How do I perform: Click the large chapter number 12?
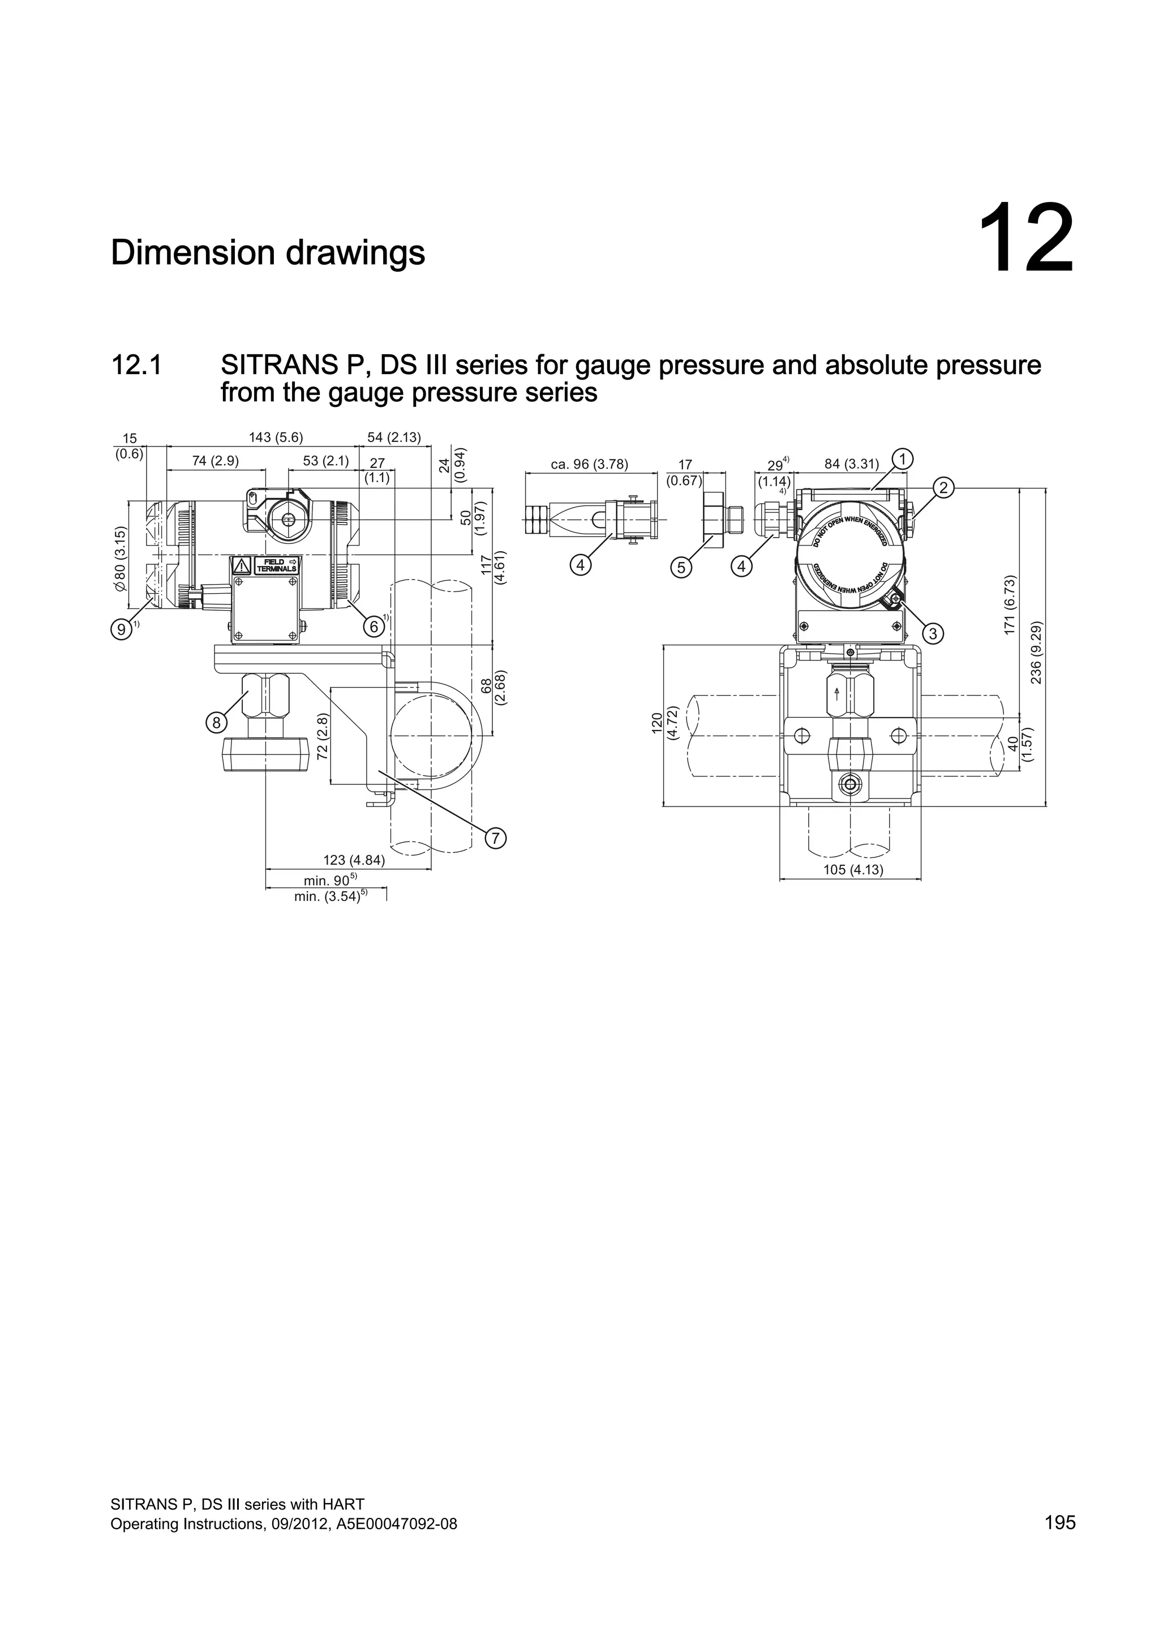click(1025, 239)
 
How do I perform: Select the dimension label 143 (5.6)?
click(276, 437)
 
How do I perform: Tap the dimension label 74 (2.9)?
click(216, 461)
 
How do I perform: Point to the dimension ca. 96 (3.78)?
click(590, 465)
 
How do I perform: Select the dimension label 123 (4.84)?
click(354, 861)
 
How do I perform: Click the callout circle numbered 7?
click(495, 838)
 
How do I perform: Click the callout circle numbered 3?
click(933, 633)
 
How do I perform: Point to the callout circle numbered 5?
click(681, 568)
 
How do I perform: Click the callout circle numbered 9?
click(122, 629)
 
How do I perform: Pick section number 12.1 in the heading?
click(136, 366)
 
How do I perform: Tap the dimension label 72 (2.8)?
click(323, 736)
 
